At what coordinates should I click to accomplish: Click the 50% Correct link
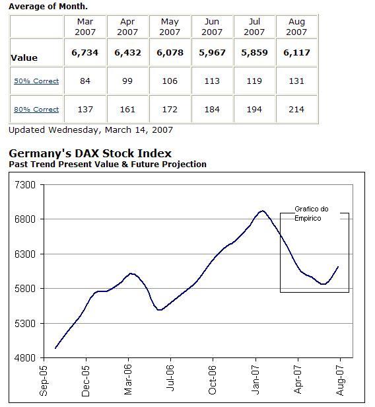point(36,81)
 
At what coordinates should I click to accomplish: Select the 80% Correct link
point(36,110)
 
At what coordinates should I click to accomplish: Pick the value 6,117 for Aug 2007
point(296,53)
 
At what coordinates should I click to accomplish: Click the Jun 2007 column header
point(211,26)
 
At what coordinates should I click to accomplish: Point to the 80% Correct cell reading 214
point(296,110)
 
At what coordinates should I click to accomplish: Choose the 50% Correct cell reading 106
point(170,81)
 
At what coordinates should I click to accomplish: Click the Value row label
point(24,58)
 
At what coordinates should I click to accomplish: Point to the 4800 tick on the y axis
point(24,358)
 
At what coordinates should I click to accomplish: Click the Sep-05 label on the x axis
point(44,383)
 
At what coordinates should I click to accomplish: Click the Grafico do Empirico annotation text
point(311,213)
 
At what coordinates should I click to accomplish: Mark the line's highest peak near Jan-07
point(262,211)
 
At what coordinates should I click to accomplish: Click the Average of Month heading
point(48,6)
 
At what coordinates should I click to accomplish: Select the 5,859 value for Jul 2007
point(254,53)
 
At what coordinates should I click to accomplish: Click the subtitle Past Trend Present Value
point(108,165)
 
